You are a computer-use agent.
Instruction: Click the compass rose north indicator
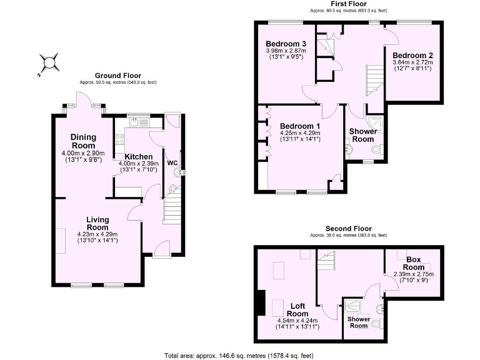[48, 62]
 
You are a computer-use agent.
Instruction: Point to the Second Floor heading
[348, 229]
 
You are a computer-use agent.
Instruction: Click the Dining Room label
[82, 141]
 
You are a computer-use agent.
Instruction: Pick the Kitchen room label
[138, 156]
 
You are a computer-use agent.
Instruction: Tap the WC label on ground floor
[172, 163]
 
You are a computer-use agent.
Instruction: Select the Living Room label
[97, 223]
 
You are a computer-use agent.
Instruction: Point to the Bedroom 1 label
[299, 126]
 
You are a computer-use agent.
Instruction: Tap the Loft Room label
[298, 309]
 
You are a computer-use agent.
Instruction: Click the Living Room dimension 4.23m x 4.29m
[97, 234]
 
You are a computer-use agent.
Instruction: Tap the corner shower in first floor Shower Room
[375, 123]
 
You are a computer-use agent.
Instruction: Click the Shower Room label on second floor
[358, 321]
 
